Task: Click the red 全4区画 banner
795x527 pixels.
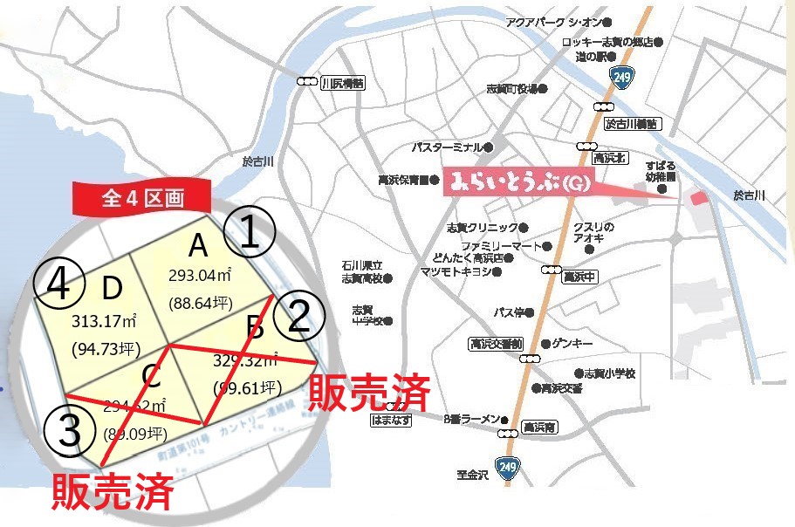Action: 142,198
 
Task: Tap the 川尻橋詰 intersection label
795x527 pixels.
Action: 342,83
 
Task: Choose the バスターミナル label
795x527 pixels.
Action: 447,147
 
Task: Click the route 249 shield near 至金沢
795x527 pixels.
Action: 508,469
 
